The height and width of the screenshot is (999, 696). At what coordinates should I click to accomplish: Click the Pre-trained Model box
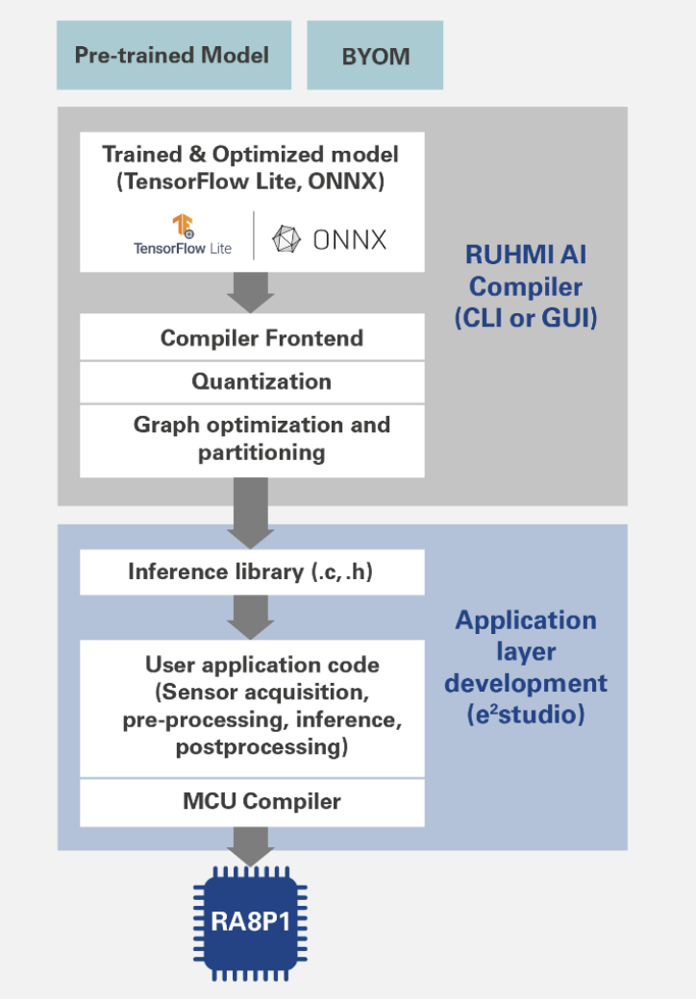pyautogui.click(x=173, y=56)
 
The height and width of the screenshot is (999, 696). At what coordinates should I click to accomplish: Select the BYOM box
pyautogui.click(x=375, y=56)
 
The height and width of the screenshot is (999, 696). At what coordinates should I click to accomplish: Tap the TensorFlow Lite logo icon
pyautogui.click(x=184, y=227)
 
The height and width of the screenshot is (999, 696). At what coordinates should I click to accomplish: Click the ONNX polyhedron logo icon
pyautogui.click(x=286, y=238)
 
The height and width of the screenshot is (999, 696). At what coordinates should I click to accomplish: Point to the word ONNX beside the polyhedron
pyautogui.click(x=350, y=239)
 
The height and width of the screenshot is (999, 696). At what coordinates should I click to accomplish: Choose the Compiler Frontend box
pyautogui.click(x=252, y=338)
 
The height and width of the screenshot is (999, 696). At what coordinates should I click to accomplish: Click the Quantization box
pyautogui.click(x=252, y=381)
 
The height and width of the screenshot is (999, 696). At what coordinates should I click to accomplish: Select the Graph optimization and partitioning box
pyautogui.click(x=252, y=439)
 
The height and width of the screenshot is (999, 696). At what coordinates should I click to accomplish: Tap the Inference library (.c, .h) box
pyautogui.click(x=252, y=573)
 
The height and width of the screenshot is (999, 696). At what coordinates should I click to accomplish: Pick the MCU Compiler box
pyautogui.click(x=252, y=801)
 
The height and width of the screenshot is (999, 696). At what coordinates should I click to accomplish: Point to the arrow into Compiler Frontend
pyautogui.click(x=252, y=292)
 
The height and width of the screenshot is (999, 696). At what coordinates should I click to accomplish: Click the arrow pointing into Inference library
pyautogui.click(x=252, y=513)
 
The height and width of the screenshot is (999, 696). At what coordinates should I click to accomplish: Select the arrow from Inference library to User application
pyautogui.click(x=252, y=617)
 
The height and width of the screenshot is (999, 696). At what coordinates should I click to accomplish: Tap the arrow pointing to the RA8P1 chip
pyautogui.click(x=252, y=845)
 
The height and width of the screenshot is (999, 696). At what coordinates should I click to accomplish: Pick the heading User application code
pyautogui.click(x=261, y=665)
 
